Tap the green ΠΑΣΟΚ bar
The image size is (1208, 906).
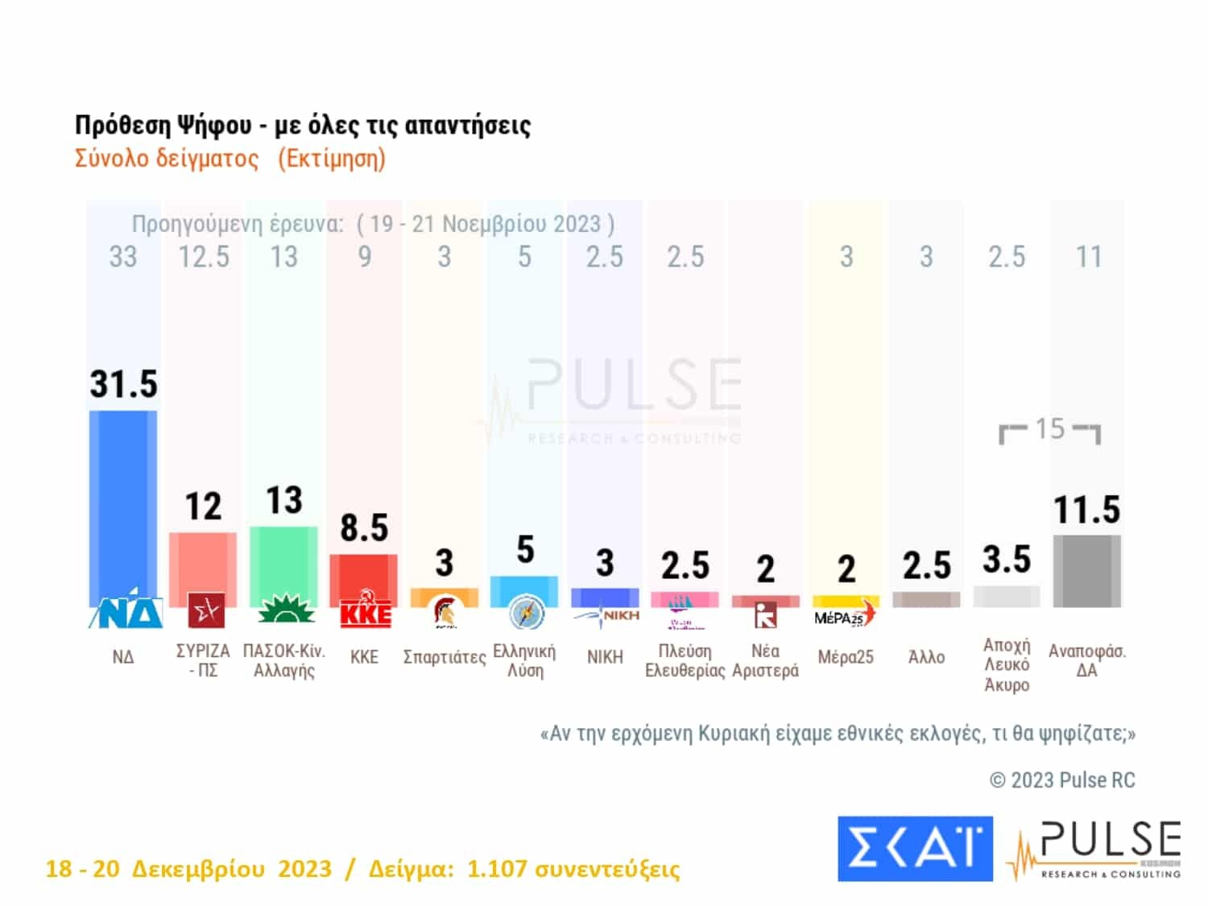tap(283, 564)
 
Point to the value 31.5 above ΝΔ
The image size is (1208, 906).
tap(123, 384)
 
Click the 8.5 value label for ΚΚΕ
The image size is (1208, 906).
tap(364, 528)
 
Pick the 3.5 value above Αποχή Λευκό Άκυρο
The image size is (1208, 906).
tap(1007, 560)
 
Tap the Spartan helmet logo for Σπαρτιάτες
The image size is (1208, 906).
tap(444, 613)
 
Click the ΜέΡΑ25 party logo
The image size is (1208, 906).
tap(844, 616)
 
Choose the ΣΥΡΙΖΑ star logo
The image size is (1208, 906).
tap(205, 610)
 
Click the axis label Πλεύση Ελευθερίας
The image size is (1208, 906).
tap(685, 660)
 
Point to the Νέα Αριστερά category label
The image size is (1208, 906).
tap(765, 660)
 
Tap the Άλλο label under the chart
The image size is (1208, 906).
tap(926, 657)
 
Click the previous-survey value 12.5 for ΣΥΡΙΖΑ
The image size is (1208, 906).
tap(204, 257)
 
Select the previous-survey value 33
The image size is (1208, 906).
tap(123, 257)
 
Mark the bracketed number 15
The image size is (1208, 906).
tap(1049, 428)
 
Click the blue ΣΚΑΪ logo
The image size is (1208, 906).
tap(915, 848)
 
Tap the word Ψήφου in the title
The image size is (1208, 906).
tap(213, 126)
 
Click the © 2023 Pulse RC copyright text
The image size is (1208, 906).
tap(1062, 780)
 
